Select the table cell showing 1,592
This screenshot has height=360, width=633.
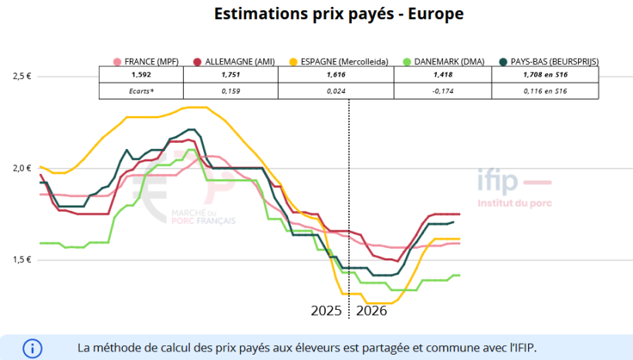pyautogui.click(x=140, y=75)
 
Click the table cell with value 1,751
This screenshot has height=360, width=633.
pyautogui.click(x=230, y=75)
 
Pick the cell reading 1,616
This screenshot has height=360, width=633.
pyautogui.click(x=336, y=75)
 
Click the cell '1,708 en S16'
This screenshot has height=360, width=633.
pyautogui.click(x=545, y=75)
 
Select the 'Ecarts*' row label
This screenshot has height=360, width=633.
pyautogui.click(x=140, y=91)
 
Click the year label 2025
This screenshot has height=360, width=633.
pyautogui.click(x=326, y=311)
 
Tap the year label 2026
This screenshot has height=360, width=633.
pyautogui.click(x=371, y=311)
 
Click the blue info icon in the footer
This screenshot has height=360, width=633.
pyautogui.click(x=33, y=348)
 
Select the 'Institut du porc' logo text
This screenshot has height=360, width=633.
pyautogui.click(x=514, y=203)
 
